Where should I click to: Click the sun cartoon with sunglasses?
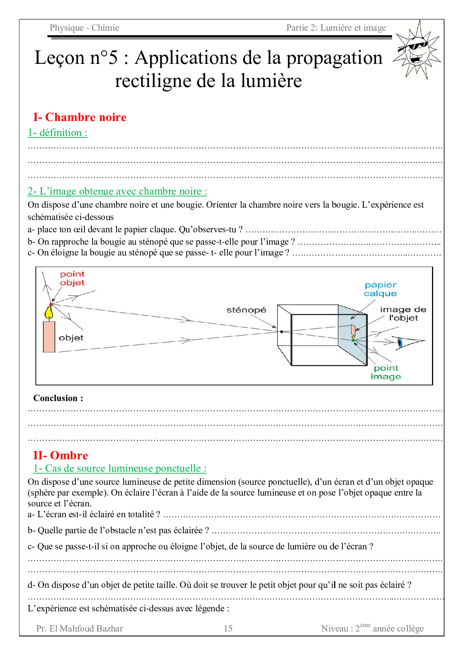click(417, 50)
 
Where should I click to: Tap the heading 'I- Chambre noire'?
click(80, 117)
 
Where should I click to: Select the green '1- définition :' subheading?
click(58, 133)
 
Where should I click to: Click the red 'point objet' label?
click(72, 279)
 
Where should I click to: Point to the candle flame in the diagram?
click(49, 312)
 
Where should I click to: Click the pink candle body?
click(49, 336)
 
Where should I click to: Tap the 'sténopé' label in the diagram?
click(246, 310)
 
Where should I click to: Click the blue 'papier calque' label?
click(380, 289)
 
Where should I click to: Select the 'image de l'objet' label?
click(403, 314)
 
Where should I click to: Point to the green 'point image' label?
click(386, 372)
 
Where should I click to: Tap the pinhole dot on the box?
click(282, 332)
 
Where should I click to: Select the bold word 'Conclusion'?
click(56, 398)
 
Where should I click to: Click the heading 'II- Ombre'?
click(60, 456)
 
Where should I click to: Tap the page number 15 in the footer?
click(228, 628)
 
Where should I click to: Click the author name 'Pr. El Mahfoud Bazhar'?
click(80, 628)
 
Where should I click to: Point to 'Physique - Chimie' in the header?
click(84, 28)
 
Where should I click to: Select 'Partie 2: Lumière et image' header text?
click(336, 28)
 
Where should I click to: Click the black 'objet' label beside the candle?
click(71, 338)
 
